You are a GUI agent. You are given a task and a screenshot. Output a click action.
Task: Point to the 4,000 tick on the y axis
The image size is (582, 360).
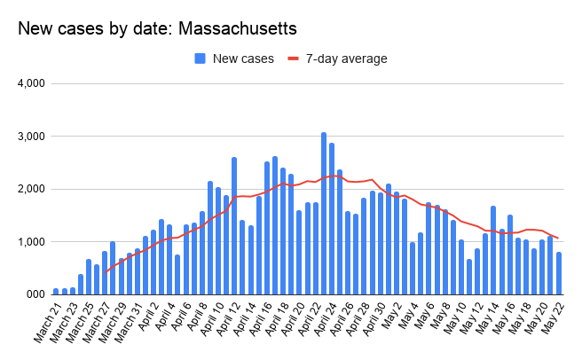click(28, 84)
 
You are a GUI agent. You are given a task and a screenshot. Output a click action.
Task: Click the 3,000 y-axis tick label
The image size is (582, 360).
click(28, 137)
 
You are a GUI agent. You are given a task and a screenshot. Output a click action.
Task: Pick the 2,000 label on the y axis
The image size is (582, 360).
click(28, 189)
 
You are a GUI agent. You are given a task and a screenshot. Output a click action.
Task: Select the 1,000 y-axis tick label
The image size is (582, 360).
click(28, 241)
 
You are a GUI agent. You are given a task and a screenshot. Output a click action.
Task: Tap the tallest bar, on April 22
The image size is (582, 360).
click(324, 213)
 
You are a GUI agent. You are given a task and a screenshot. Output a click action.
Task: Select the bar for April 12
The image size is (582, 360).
click(233, 225)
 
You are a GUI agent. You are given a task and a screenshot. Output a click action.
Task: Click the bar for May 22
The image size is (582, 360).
click(558, 273)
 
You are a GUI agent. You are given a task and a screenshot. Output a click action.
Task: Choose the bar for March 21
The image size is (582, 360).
click(56, 291)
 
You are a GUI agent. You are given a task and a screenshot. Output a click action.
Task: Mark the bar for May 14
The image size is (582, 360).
click(493, 249)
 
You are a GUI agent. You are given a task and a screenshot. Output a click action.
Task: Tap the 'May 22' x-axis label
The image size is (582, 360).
click(551, 320)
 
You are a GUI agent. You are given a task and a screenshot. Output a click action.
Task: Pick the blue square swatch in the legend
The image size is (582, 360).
click(201, 59)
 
